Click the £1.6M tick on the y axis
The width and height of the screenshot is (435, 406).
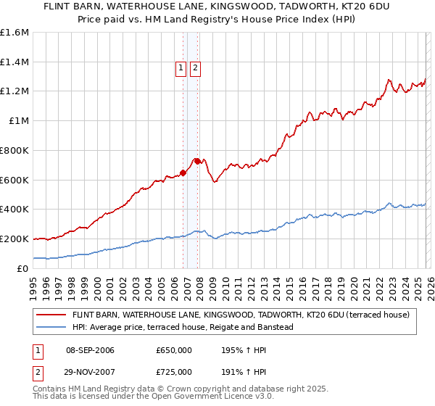click(x=14, y=33)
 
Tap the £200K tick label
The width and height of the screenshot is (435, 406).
click(x=14, y=239)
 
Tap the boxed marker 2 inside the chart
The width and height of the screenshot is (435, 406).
click(x=195, y=69)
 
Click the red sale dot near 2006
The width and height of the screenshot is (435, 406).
click(x=183, y=173)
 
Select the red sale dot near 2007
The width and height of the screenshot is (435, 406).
click(x=199, y=162)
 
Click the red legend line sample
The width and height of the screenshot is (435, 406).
click(x=51, y=315)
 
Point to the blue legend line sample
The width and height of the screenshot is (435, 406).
click(x=51, y=328)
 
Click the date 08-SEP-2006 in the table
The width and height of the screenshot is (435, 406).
click(x=90, y=351)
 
